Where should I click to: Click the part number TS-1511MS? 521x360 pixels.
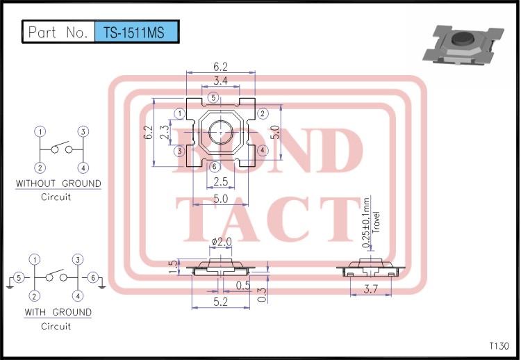pos(135,32)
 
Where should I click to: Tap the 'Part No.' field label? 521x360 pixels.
pos(58,32)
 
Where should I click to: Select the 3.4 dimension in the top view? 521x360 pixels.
pos(221,82)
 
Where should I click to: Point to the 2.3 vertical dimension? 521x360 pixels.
pos(164,132)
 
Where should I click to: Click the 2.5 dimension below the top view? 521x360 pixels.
pos(220,181)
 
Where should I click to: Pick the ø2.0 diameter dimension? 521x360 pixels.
pos(220,241)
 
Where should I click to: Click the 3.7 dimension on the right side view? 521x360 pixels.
pos(372,290)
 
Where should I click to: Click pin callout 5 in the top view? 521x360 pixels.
pos(213,97)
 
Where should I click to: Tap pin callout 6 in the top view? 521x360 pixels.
pos(214,166)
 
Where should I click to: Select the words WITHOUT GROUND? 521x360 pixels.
pos(58,183)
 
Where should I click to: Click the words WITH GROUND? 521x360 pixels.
pos(58,312)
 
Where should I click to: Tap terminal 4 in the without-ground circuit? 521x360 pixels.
pos(83,167)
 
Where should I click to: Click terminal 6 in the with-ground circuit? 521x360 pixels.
pos(92,278)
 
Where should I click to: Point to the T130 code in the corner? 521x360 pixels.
pos(499,345)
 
